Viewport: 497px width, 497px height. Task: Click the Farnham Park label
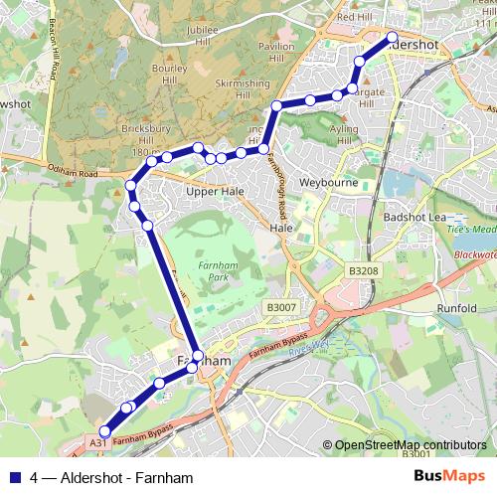(210, 271)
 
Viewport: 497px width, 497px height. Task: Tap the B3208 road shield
(363, 270)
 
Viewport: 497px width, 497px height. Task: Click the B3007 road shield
(280, 309)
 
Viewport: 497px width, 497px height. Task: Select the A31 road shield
(97, 441)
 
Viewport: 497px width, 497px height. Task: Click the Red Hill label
(354, 17)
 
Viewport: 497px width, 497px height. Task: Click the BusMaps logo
(449, 477)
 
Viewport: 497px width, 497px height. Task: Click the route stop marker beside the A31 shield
(106, 429)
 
